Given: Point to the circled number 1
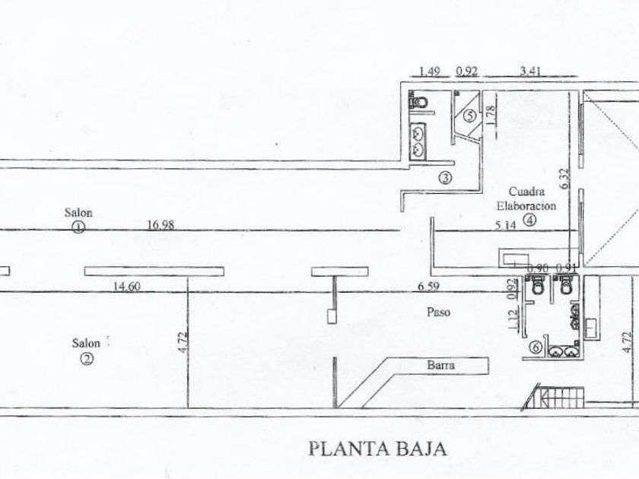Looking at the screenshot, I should pyautogui.click(x=78, y=226).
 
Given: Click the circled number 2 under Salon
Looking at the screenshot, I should pyautogui.click(x=88, y=360).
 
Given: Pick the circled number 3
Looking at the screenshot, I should pyautogui.click(x=444, y=179).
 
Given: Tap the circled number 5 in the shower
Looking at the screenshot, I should pyautogui.click(x=469, y=116).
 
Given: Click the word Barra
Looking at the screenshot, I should pyautogui.click(x=440, y=366).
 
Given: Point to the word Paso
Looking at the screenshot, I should pyautogui.click(x=435, y=312).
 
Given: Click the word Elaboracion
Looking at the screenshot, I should pyautogui.click(x=526, y=205).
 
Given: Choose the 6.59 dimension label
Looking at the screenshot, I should pyautogui.click(x=428, y=287).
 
